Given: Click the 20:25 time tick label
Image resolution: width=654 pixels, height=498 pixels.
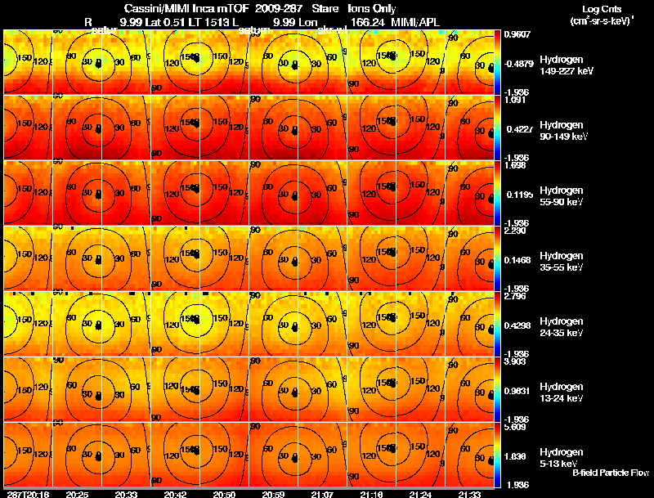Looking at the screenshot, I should (78, 494).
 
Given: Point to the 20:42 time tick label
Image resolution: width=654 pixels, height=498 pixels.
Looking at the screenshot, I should (176, 494).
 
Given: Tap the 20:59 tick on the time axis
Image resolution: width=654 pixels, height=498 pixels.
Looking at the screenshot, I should (274, 494).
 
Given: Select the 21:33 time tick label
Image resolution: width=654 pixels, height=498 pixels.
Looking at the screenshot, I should (469, 494).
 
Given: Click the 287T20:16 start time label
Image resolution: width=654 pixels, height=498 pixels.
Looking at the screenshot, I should (26, 494).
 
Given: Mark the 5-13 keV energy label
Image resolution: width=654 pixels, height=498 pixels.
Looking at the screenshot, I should (561, 464).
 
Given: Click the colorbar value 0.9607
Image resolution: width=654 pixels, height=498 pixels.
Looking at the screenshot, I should (517, 35).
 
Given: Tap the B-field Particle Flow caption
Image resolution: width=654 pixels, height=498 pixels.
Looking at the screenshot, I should (610, 473).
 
